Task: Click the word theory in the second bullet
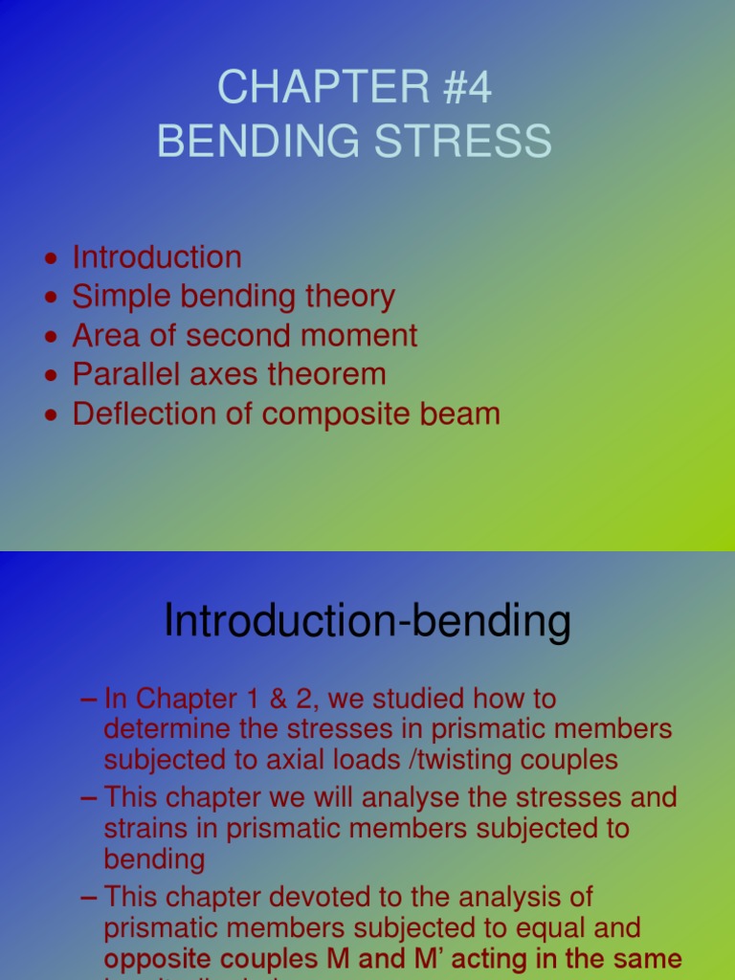tap(348, 297)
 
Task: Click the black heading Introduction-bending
tap(367, 622)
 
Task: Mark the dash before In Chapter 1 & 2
tap(89, 699)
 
